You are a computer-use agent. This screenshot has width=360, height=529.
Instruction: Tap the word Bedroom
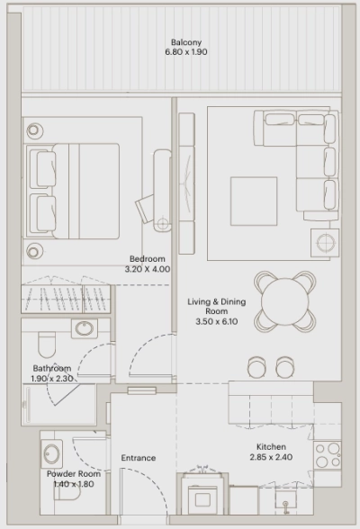147,258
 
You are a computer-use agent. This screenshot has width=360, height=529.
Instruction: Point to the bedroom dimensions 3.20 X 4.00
147,269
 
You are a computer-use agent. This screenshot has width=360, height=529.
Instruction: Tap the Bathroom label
52,369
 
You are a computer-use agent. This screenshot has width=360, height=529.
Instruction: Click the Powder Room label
73,473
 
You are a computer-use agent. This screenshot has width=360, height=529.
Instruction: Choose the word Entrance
138,458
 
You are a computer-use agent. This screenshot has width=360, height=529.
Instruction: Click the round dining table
284,300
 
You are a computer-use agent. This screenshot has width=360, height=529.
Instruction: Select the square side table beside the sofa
324,242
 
